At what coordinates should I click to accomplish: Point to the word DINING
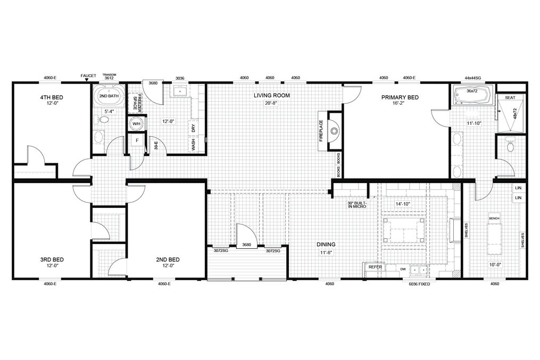pyautogui.click(x=326, y=245)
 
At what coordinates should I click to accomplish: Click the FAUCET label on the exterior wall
pyautogui.click(x=88, y=76)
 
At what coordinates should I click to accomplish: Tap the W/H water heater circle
pyautogui.click(x=136, y=124)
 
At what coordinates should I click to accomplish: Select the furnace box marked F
pyautogui.click(x=136, y=141)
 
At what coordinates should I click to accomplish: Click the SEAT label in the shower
pyautogui.click(x=510, y=97)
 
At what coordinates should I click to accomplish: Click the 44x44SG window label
pyautogui.click(x=472, y=78)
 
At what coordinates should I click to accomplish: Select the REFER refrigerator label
pyautogui.click(x=375, y=267)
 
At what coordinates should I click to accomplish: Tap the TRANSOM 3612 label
pyautogui.click(x=109, y=77)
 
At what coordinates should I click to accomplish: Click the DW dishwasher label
pyautogui.click(x=402, y=269)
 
